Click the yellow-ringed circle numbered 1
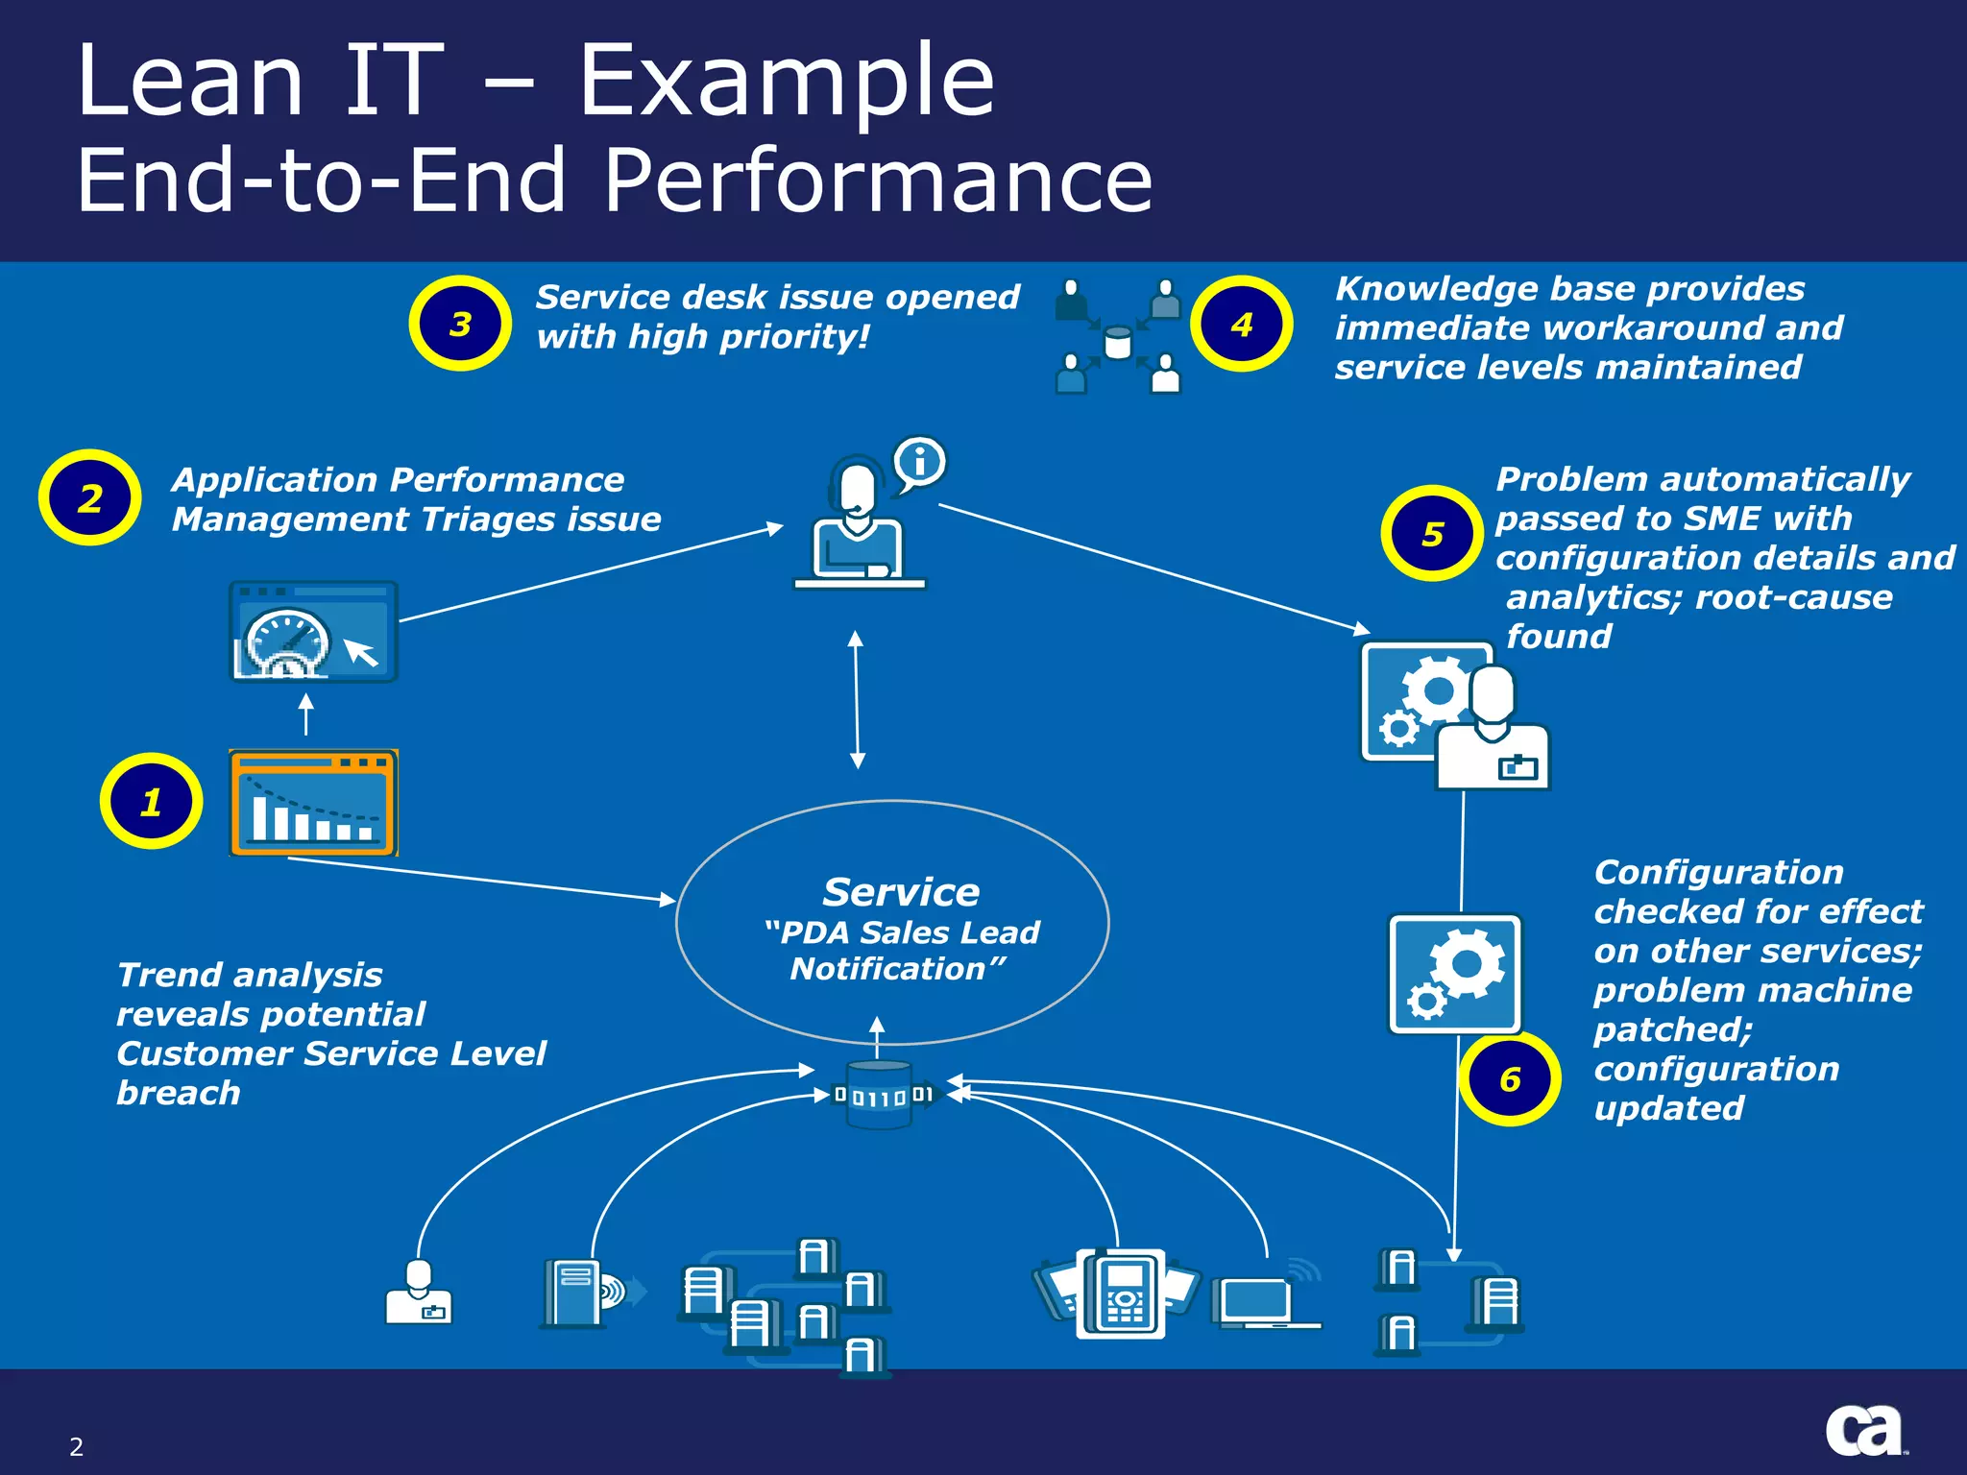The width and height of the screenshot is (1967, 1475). point(151,801)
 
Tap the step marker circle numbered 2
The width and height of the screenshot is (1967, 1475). point(89,497)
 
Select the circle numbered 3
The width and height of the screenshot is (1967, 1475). point(460,324)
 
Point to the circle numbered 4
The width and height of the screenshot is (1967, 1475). point(1241,324)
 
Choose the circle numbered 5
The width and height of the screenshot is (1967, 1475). point(1432,533)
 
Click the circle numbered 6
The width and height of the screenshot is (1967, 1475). point(1509,1078)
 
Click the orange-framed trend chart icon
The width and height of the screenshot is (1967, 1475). point(313,803)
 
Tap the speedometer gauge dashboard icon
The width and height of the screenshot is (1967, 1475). point(313,632)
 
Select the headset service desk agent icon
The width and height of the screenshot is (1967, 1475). point(858,523)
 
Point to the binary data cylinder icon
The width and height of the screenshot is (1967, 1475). point(880,1095)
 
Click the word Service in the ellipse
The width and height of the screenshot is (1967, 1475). point(901,892)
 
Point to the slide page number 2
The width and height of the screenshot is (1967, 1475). point(77,1446)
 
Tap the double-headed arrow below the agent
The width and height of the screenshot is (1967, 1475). point(857,699)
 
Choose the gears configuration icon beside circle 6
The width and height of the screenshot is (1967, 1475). point(1454,974)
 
